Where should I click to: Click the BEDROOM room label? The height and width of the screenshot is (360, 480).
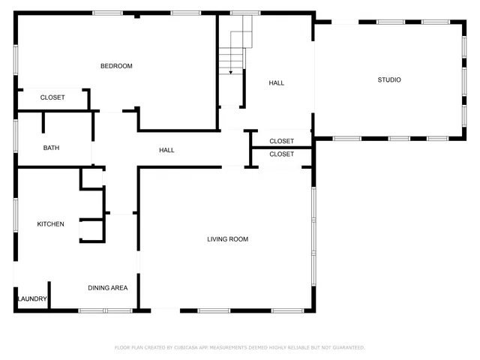[x=116, y=66]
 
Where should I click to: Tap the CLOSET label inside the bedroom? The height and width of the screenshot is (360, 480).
[x=52, y=97]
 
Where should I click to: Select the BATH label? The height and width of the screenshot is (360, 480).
[x=51, y=148]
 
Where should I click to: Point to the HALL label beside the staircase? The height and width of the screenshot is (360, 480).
[x=276, y=83]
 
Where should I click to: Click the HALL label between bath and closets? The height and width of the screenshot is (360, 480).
[x=166, y=150]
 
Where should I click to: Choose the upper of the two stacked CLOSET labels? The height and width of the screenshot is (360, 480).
[x=281, y=141]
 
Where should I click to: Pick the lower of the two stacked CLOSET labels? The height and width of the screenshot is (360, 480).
[x=281, y=154]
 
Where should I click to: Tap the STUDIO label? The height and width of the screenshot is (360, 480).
[x=388, y=79]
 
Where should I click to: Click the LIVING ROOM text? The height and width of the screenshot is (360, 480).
[x=227, y=239]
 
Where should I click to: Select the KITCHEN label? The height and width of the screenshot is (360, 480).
[x=51, y=224]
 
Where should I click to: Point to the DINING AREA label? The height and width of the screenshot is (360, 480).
[x=107, y=287]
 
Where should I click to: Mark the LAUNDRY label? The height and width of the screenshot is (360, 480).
[x=32, y=299]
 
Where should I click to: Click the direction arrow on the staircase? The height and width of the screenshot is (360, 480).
[x=230, y=72]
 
